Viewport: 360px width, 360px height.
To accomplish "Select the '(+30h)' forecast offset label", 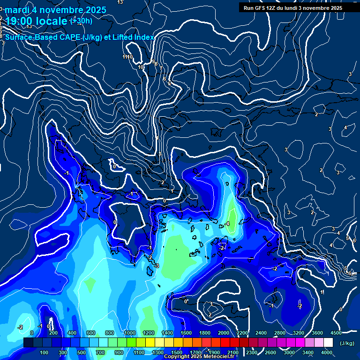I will click(81, 21).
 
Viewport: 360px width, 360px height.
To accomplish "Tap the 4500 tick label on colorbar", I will click(336, 333).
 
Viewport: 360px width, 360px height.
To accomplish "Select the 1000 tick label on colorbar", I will click(130, 333).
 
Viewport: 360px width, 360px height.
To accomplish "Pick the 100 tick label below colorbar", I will click(45, 352).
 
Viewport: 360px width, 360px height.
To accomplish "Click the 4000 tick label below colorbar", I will click(327, 352).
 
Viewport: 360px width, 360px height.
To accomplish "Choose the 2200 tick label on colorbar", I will click(242, 333).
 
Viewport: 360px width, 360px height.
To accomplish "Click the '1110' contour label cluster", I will click(127, 57).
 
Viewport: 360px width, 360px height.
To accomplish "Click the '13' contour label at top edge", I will click(120, 2).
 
